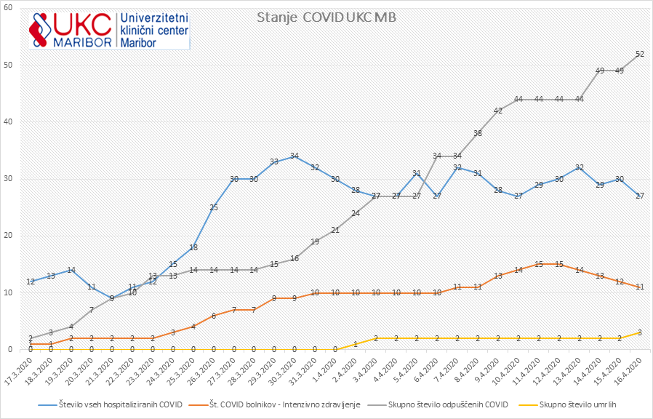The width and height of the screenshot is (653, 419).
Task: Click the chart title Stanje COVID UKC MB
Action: click(326, 18)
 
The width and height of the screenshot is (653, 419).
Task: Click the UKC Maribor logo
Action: click(109, 28)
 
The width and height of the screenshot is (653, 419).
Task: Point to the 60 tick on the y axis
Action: click(18, 8)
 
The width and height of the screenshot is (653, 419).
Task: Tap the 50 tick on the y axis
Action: click(18, 65)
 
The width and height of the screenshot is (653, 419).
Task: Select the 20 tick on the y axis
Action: click(18, 236)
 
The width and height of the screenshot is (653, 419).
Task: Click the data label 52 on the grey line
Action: click(640, 54)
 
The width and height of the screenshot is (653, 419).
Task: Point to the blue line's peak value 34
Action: click(295, 156)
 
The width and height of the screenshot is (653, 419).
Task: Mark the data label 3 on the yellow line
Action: click(640, 332)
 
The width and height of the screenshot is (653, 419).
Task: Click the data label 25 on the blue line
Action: click(213, 207)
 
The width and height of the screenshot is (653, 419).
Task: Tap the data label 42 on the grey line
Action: click(498, 111)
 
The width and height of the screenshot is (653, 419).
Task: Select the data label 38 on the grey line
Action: click(478, 133)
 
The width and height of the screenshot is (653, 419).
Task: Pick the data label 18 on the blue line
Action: click(193, 247)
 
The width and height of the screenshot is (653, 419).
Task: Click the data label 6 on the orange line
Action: click(213, 316)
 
